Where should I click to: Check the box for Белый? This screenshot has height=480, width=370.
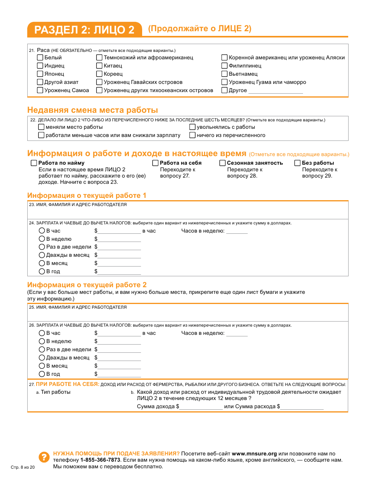(x=40, y=57)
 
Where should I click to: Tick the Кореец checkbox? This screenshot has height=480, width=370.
(x=99, y=74)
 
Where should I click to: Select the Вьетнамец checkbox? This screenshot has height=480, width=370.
(x=224, y=74)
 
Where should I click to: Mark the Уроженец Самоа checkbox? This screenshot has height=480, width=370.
(x=40, y=90)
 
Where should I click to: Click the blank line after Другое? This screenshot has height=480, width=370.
(x=275, y=91)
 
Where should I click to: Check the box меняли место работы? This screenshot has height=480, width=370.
(x=41, y=127)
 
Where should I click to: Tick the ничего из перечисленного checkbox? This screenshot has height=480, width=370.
(x=192, y=135)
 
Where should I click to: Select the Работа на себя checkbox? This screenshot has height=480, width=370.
(x=155, y=163)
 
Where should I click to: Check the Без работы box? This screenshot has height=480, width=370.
(x=298, y=163)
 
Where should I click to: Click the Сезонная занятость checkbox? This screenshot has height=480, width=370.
(x=222, y=163)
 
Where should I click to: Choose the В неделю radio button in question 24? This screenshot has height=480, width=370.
(x=42, y=239)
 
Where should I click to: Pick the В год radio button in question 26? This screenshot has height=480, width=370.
(x=42, y=374)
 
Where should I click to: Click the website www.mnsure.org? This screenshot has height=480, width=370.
(x=254, y=453)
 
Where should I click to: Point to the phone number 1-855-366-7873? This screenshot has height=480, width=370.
(x=100, y=460)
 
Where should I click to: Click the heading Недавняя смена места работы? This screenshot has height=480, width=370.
(x=93, y=110)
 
